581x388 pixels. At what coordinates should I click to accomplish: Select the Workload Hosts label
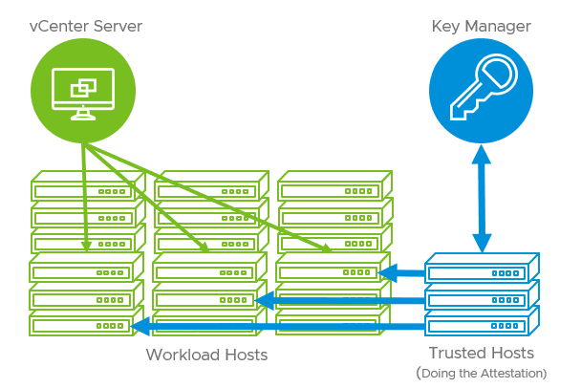pyautogui.click(x=206, y=356)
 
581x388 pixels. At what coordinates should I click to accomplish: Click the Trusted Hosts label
pyautogui.click(x=482, y=353)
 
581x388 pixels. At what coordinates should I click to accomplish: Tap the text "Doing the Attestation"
pyautogui.click(x=484, y=372)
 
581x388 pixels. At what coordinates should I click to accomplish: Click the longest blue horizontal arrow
pyautogui.click(x=277, y=328)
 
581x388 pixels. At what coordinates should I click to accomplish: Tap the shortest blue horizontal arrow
pyautogui.click(x=401, y=274)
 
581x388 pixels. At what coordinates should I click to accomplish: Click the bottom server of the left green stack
pyautogui.click(x=84, y=326)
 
